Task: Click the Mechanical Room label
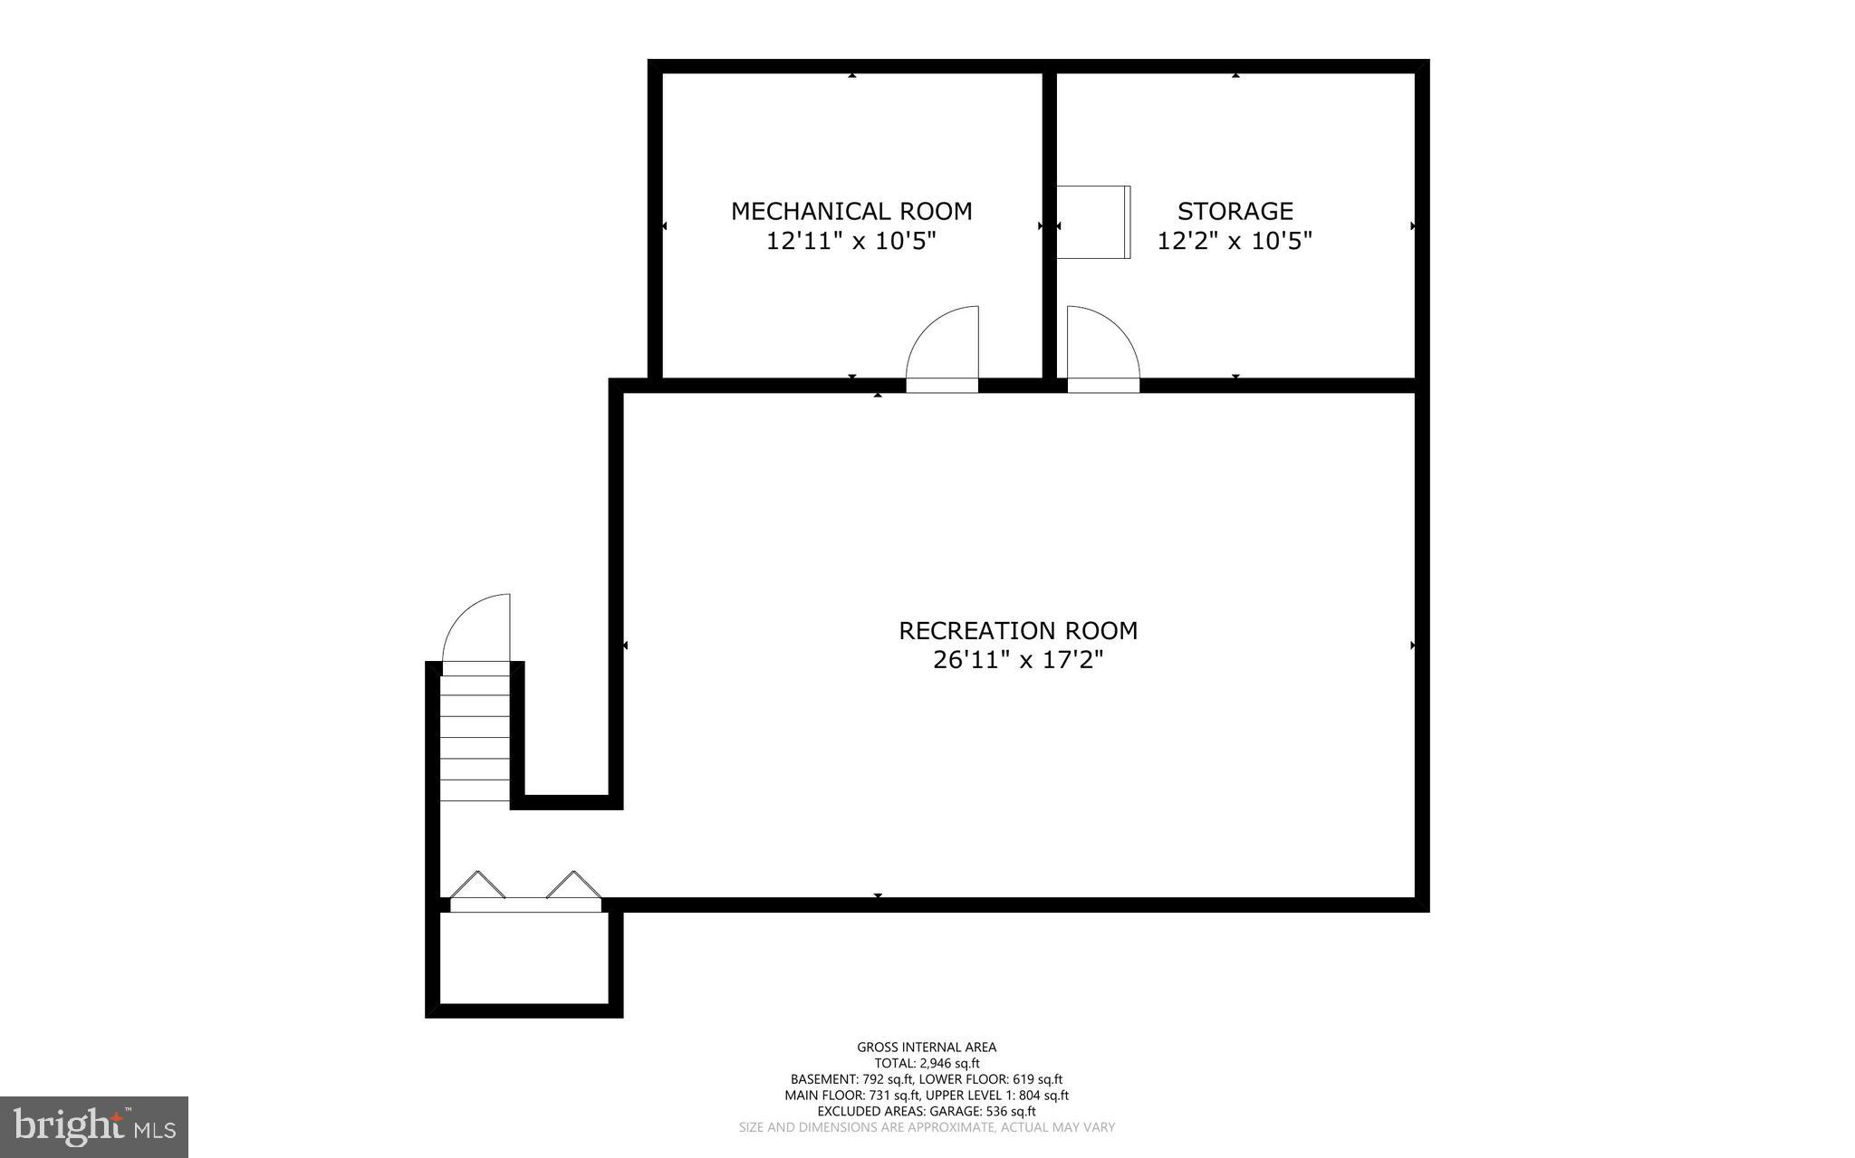point(851,211)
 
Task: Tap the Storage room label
point(1235,211)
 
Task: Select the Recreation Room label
point(1018,630)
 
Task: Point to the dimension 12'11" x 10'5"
point(851,242)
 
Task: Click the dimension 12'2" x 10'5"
point(1235,242)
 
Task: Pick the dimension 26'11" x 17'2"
point(1018,660)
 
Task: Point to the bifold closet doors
point(526,889)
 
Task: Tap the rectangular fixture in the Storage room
point(1093,222)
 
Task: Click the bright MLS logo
point(94,1127)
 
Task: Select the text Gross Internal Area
point(927,1048)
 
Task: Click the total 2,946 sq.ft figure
point(927,1064)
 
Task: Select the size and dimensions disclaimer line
point(927,1127)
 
